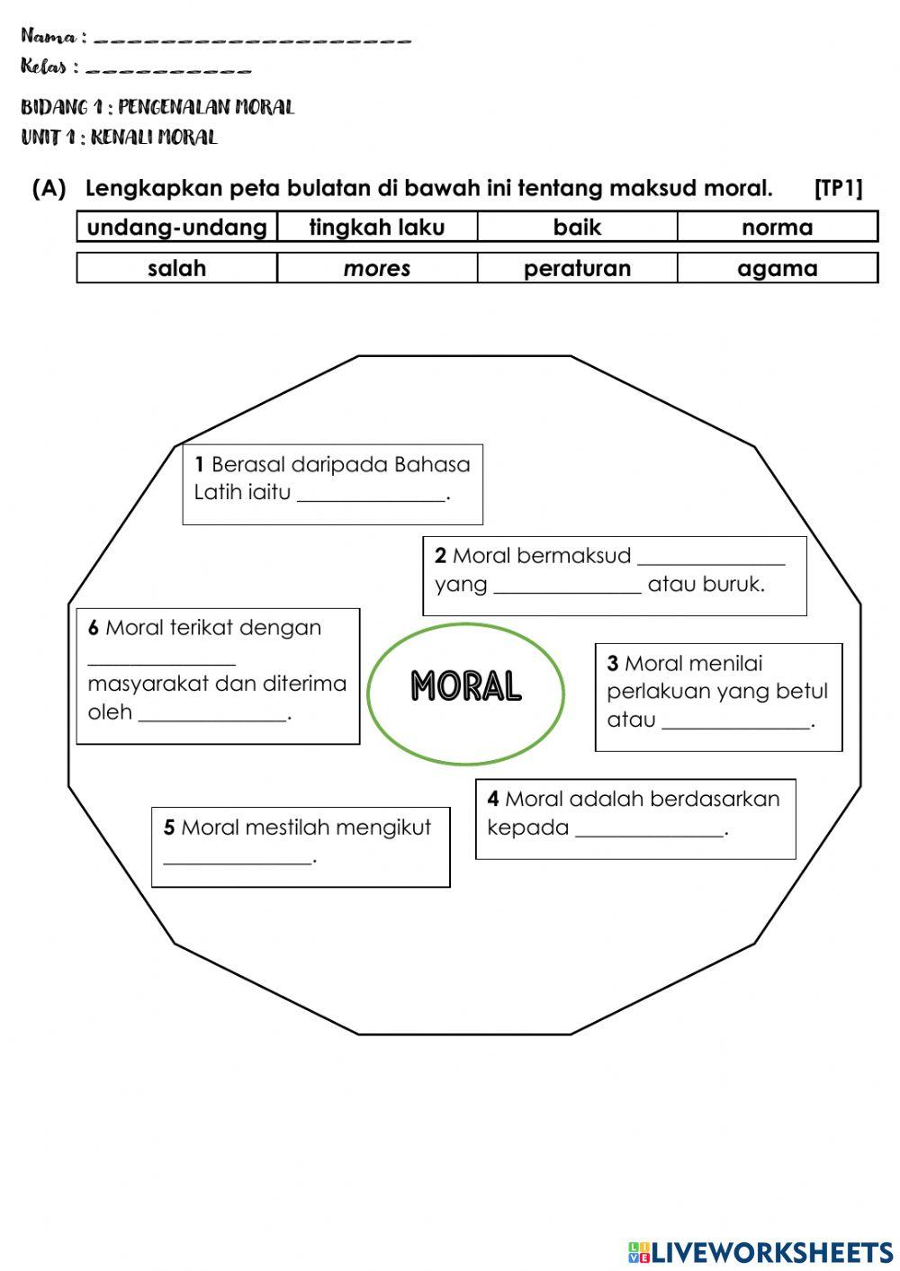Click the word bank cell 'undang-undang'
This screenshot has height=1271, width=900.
tap(177, 228)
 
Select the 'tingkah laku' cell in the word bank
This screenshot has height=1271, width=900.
tap(377, 228)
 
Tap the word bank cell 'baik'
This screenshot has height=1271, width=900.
tap(577, 228)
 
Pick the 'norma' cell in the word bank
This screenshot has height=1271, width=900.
tap(777, 228)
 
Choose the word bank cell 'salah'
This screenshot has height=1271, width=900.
tap(177, 268)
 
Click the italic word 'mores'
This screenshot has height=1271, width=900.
tap(377, 268)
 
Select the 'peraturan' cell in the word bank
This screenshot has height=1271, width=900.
tap(577, 268)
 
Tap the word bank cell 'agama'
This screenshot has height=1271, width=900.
tap(777, 268)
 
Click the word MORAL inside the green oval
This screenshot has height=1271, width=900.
tap(466, 686)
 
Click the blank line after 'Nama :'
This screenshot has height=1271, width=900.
tap(252, 40)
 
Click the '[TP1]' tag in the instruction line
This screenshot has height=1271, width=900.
tap(838, 189)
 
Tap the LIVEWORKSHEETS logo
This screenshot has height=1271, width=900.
tap(760, 1251)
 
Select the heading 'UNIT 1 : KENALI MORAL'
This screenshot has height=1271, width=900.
tap(119, 138)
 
